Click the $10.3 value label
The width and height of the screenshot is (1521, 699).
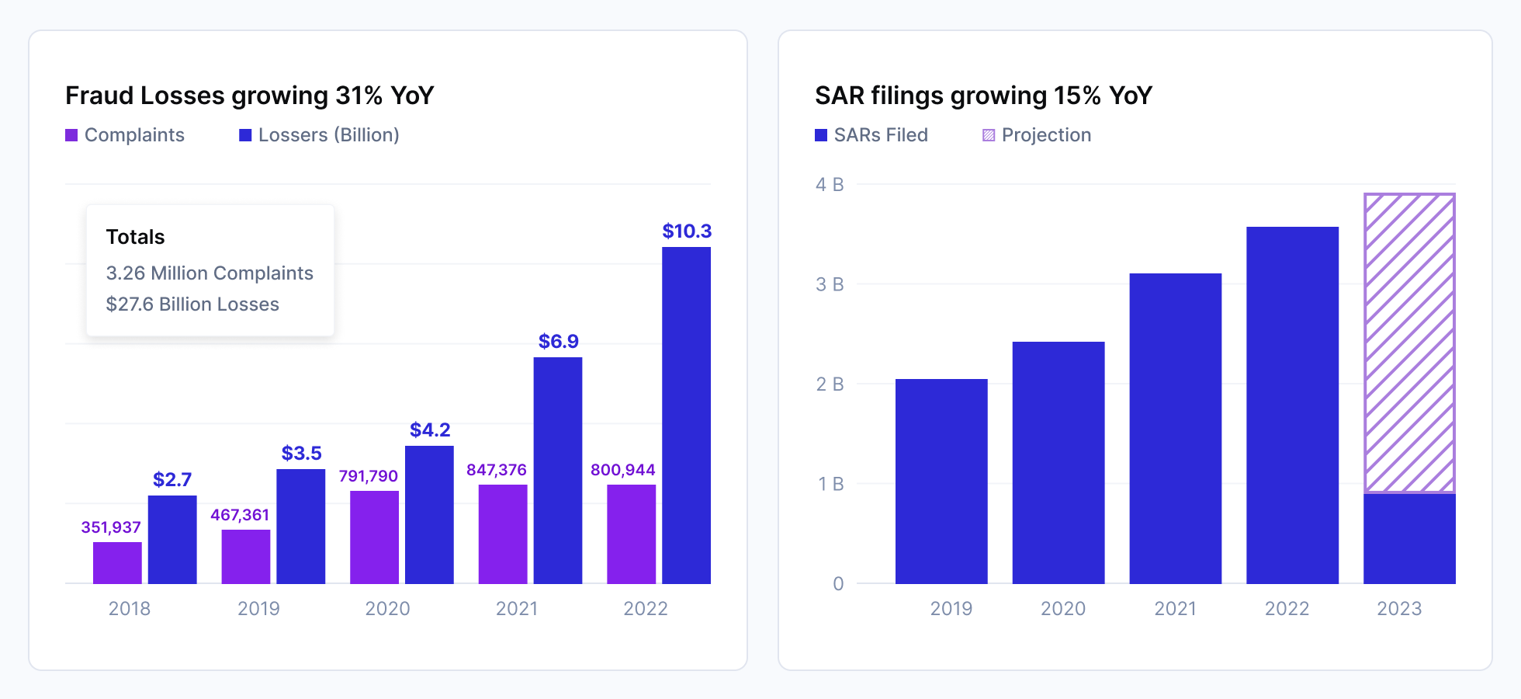tap(687, 231)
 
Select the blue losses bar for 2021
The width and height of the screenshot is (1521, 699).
tap(557, 470)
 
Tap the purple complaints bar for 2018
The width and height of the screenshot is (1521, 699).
tap(117, 562)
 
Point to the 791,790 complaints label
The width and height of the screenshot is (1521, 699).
tap(368, 476)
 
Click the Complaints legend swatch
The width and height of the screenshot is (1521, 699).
tap(71, 135)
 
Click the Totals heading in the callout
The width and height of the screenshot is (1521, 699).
tap(135, 237)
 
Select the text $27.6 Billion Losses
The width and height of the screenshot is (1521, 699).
tap(192, 304)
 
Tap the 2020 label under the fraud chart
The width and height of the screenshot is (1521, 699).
tap(387, 608)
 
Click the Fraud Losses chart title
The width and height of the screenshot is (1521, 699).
tap(249, 96)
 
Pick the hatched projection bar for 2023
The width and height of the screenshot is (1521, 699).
tap(1409, 343)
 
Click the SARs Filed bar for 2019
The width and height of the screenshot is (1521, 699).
tap(941, 481)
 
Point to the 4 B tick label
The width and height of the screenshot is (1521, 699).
tap(830, 185)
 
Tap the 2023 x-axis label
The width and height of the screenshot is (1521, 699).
tap(1399, 608)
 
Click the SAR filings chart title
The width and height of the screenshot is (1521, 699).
tap(983, 96)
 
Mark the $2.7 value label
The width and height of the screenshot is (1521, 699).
tap(172, 479)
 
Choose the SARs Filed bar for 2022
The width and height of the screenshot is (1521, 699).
tap(1292, 405)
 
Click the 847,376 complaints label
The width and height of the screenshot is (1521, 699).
tap(496, 470)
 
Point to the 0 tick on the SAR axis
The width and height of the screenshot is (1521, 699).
tap(838, 584)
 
